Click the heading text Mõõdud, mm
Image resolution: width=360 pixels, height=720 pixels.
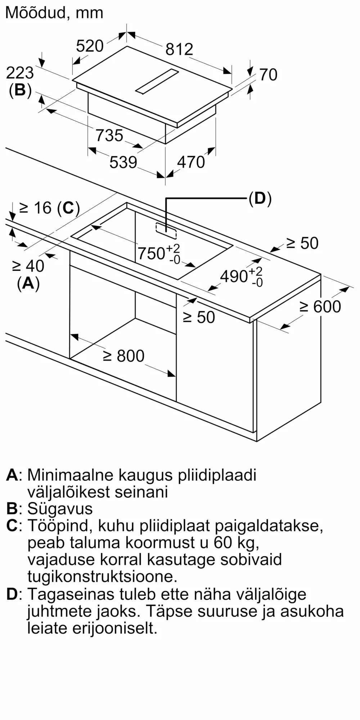(54, 13)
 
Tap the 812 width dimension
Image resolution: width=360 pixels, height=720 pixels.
(179, 49)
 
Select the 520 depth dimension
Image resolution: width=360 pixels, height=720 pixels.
(90, 46)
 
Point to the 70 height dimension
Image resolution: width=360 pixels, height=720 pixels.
(268, 75)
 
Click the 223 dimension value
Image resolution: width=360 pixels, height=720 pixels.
(20, 73)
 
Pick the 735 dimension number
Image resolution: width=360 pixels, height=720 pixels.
(109, 135)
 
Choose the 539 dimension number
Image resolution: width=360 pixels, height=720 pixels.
(123, 162)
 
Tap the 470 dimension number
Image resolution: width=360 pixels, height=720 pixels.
(191, 162)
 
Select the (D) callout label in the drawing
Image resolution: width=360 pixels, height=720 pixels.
(260, 198)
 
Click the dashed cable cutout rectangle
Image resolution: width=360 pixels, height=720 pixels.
(166, 231)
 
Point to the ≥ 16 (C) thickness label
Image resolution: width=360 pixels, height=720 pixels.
(49, 208)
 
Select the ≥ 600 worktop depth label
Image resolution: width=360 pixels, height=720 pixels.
(320, 307)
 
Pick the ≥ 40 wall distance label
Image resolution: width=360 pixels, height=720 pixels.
(28, 266)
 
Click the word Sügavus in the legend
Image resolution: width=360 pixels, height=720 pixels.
(60, 509)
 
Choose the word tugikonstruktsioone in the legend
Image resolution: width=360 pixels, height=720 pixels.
(102, 576)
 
